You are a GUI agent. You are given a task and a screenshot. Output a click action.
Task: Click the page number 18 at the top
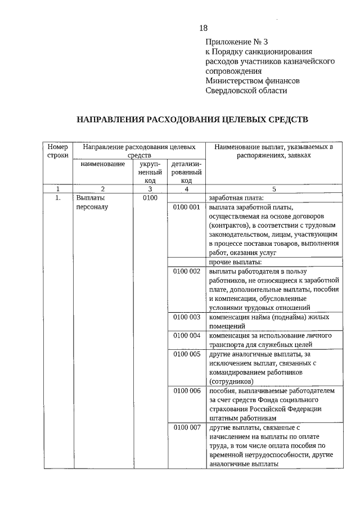pos(203,29)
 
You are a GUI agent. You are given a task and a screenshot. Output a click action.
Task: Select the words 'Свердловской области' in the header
pos(246,90)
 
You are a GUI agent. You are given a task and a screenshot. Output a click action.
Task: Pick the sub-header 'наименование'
pos(102,164)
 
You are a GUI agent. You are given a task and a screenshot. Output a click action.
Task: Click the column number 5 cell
pos(274,189)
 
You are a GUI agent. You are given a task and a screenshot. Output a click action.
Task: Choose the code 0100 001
pos(187,208)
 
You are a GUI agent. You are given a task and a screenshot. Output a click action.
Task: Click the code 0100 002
pos(187,272)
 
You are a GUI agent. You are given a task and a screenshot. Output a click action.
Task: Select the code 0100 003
pos(187,317)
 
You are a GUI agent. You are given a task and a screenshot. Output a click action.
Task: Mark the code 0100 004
pos(187,336)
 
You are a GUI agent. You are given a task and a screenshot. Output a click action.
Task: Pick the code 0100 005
pos(187,354)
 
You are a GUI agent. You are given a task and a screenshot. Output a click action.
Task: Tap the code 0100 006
pos(187,390)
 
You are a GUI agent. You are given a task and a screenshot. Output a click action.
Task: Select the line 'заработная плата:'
pos(236,198)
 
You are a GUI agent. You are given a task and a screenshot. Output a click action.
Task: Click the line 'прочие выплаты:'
pos(235,262)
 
